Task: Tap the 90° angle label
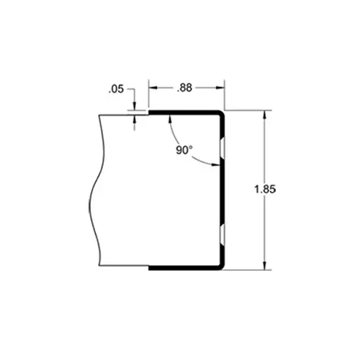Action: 184,150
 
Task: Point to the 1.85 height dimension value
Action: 266,189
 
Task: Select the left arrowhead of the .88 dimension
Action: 152,88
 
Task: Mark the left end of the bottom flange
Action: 150,269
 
